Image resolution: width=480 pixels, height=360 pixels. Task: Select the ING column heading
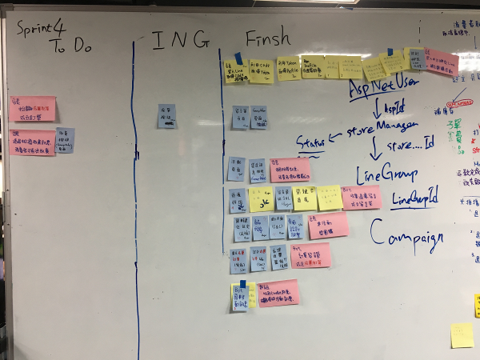point(180,39)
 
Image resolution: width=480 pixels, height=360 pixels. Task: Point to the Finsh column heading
point(268,38)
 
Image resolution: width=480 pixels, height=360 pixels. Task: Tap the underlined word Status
point(311,142)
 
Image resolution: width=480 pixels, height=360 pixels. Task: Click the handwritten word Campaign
point(407,238)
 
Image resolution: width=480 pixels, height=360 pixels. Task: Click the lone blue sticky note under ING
point(167,116)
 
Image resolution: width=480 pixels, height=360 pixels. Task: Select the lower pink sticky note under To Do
point(33,142)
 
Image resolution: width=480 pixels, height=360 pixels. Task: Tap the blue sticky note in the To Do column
point(65,141)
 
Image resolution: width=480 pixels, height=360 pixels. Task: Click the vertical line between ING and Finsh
point(221,160)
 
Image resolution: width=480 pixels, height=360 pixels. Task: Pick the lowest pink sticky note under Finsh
point(278,292)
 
